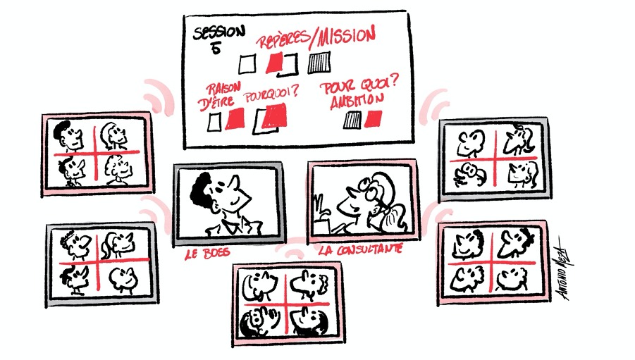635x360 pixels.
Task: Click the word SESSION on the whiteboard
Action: pos(219,32)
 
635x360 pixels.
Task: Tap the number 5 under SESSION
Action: pos(216,49)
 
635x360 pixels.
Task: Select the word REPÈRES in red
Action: pos(283,39)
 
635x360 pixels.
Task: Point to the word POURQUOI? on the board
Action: pos(271,94)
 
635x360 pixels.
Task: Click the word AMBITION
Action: pos(357,101)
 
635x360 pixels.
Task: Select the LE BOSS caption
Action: pos(207,254)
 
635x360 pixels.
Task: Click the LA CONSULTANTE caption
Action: pos(360,249)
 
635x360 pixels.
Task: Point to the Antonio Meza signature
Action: pos(565,268)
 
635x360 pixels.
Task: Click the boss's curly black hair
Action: pos(202,190)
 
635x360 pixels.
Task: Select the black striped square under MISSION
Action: pos(319,63)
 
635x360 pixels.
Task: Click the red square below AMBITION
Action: pos(373,119)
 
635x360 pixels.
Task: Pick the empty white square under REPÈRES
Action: pos(247,64)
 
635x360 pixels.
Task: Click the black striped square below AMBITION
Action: pos(352,120)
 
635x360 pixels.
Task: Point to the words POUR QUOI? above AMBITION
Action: pos(359,86)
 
